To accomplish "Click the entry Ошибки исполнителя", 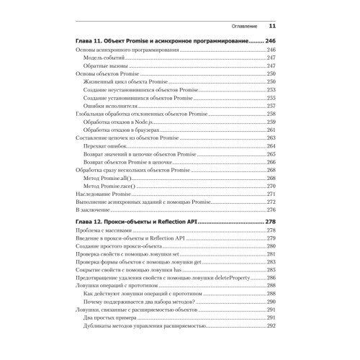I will (108, 106).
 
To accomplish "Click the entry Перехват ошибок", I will (102, 146).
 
